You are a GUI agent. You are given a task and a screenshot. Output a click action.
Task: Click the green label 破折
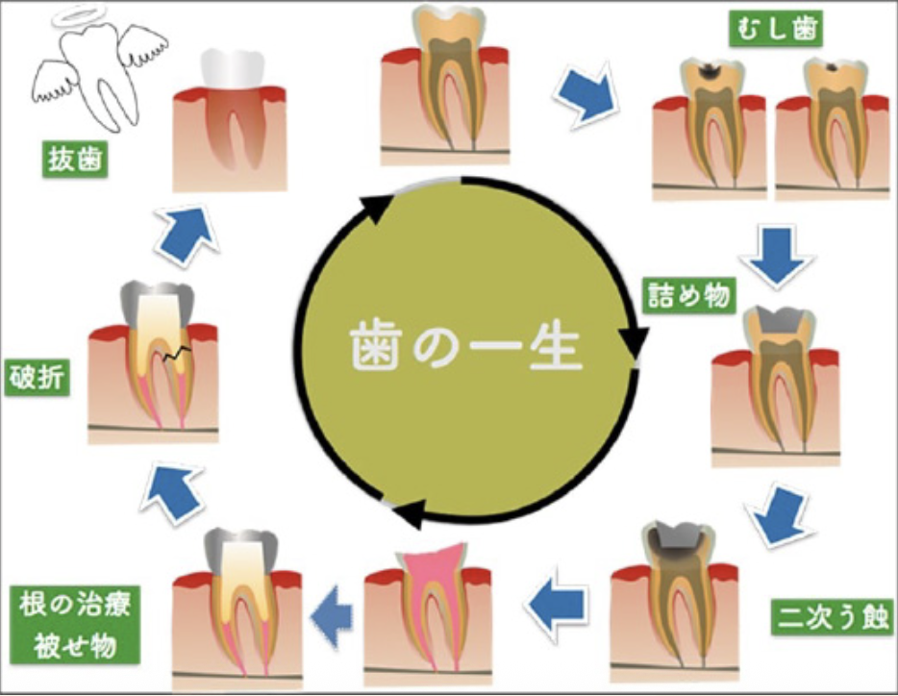pos(38,377)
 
